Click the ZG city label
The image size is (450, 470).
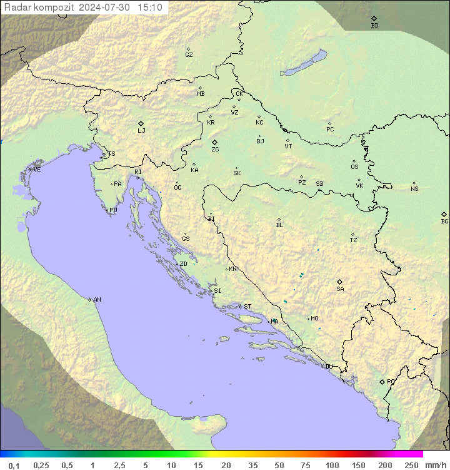[x=215, y=150]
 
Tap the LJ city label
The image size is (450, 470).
[x=141, y=131]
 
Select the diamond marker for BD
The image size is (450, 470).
[x=374, y=19]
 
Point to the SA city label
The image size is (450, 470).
[x=340, y=289]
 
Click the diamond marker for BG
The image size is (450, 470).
[x=444, y=214]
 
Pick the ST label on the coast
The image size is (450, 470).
[x=247, y=307]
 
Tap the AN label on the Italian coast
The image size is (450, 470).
[x=97, y=300]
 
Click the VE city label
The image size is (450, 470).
[x=37, y=170]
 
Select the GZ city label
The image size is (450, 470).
[x=189, y=55]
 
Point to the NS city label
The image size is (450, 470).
[x=414, y=189]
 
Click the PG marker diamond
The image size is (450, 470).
[x=382, y=381]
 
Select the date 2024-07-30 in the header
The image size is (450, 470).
[x=106, y=8]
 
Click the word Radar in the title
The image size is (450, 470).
[x=16, y=8]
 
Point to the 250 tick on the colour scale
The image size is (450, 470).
[x=411, y=465]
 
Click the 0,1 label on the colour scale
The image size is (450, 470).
[x=14, y=465]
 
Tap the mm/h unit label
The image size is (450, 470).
[x=435, y=465]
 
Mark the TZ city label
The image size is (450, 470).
[x=354, y=240]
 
